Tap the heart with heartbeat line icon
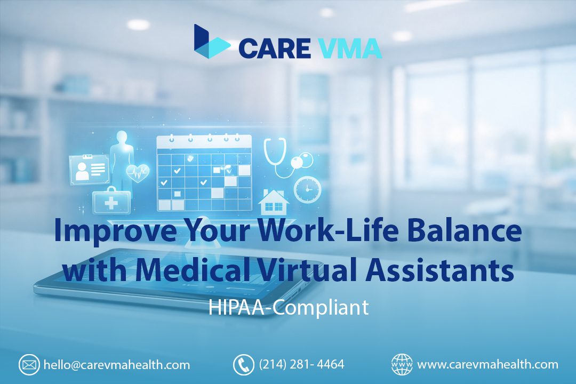click(x=138, y=173)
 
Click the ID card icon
click(x=89, y=168)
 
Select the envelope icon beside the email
click(x=29, y=365)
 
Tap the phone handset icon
click(x=243, y=365)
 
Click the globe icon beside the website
click(x=402, y=365)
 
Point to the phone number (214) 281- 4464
click(x=301, y=365)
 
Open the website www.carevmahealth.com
click(x=487, y=365)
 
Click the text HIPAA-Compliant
click(x=288, y=308)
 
